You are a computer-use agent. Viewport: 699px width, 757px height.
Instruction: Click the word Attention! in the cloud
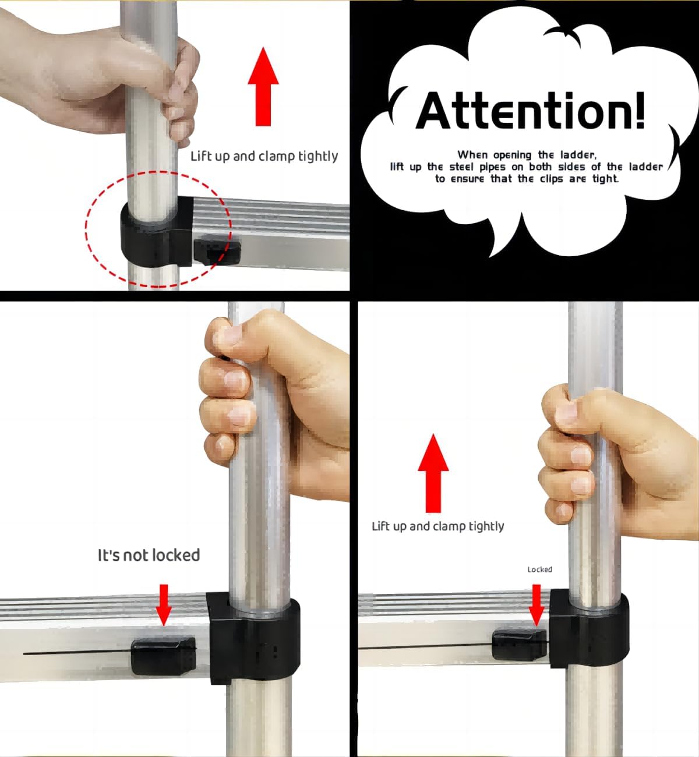point(530,111)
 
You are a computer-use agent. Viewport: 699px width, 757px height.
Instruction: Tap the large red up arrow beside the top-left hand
point(263,87)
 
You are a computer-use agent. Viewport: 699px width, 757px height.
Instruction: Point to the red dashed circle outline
point(86,229)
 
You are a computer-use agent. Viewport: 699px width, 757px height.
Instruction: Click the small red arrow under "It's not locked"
point(164,604)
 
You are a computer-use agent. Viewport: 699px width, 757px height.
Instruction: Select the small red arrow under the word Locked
point(536,605)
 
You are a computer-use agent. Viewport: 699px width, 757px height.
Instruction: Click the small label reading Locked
point(539,569)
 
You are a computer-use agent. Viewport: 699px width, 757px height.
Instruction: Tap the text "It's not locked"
point(149,555)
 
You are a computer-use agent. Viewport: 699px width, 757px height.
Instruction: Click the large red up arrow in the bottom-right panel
point(433,473)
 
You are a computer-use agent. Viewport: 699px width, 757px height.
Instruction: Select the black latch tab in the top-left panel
point(217,252)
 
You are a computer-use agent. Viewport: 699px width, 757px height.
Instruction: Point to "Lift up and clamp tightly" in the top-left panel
point(264,156)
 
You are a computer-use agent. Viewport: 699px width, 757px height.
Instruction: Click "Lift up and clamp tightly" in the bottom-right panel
point(438,526)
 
